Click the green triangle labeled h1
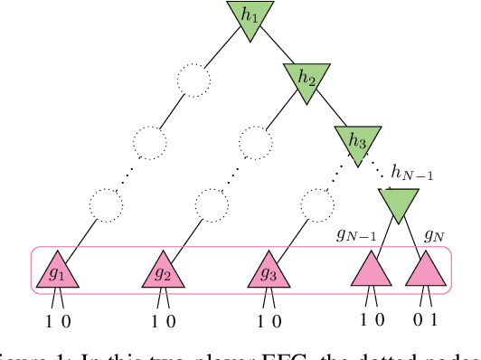[x=249, y=16]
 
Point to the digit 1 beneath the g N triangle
[x=436, y=321]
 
